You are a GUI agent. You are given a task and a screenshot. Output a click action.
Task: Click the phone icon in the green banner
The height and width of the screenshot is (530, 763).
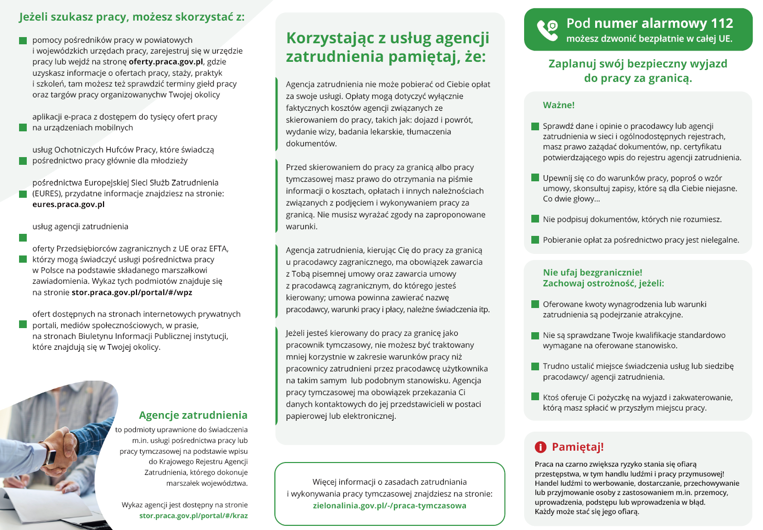(x=547, y=30)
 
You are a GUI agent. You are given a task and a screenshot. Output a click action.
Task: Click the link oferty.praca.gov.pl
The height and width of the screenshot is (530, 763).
(x=166, y=62)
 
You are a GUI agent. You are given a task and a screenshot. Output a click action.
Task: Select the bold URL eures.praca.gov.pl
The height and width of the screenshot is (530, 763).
(x=68, y=204)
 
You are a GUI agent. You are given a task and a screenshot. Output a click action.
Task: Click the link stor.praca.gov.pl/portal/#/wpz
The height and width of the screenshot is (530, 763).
(x=132, y=293)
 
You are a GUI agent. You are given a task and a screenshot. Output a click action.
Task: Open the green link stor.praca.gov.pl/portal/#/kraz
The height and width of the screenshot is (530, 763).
(x=193, y=516)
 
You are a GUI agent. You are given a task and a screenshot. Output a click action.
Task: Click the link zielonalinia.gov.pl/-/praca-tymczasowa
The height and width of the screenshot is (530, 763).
(x=389, y=506)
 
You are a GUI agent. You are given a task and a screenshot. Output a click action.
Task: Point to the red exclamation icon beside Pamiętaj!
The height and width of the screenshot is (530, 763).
(x=540, y=447)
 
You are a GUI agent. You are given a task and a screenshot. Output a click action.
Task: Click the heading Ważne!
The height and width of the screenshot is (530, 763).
(x=559, y=105)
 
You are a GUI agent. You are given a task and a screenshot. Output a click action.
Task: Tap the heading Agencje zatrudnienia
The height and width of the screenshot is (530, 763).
(x=193, y=415)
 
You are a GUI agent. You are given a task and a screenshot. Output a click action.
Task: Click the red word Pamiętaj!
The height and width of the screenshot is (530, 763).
(x=578, y=447)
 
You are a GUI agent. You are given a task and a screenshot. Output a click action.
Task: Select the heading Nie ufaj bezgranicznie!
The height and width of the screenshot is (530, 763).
(x=593, y=272)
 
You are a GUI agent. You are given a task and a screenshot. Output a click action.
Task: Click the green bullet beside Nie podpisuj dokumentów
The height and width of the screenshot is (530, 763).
(x=535, y=219)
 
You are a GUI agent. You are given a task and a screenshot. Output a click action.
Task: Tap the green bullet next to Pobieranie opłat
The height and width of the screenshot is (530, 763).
(x=535, y=240)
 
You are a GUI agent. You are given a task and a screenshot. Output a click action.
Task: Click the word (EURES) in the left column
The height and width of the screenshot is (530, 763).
(x=47, y=194)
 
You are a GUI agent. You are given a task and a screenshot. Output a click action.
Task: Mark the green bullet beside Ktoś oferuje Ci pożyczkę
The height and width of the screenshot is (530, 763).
(x=535, y=397)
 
